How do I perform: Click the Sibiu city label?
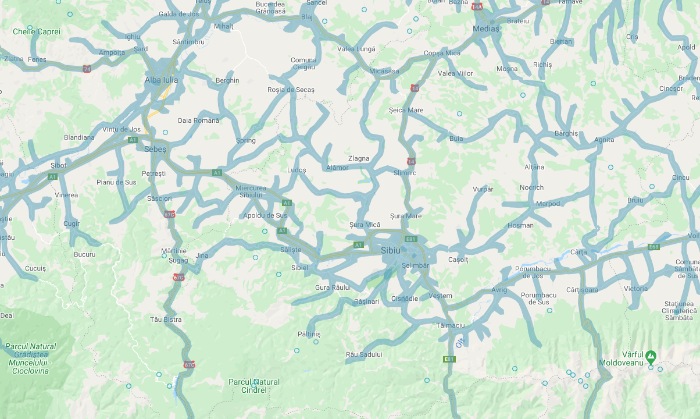click(x=391, y=250)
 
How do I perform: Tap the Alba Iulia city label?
click(x=162, y=80)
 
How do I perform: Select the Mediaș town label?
click(x=486, y=29)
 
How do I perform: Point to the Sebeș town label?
click(x=155, y=149)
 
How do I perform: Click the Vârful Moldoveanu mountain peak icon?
click(x=651, y=354)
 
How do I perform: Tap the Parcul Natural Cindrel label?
click(x=254, y=386)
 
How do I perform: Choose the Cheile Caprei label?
click(x=37, y=31)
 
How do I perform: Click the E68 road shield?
click(x=654, y=247)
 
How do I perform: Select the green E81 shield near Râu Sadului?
click(x=449, y=359)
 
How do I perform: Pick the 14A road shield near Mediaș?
click(x=477, y=7)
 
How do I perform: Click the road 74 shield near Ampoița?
click(x=87, y=69)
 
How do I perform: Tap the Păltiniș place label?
click(x=309, y=334)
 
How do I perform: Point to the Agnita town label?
click(x=604, y=140)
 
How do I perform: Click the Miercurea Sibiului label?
click(x=251, y=191)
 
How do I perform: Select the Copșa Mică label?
click(x=442, y=53)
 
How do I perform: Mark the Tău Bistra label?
click(x=166, y=319)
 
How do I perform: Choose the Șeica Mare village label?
click(x=406, y=110)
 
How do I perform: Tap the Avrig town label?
click(x=499, y=290)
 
